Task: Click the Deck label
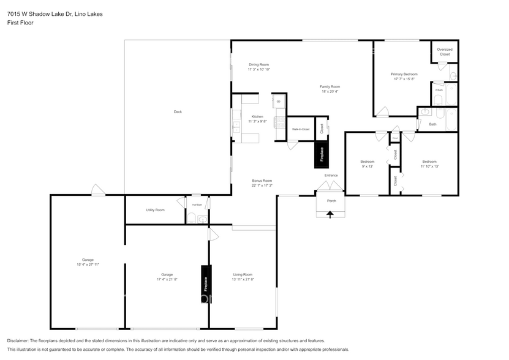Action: coord(178,111)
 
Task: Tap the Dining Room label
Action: coord(258,64)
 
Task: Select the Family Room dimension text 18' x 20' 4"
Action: coord(330,92)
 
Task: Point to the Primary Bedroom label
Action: coord(404,74)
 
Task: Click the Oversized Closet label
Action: coord(445,52)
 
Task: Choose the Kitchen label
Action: coord(258,116)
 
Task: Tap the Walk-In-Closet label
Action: coord(300,129)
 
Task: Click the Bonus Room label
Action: coord(262,181)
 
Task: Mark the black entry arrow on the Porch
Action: coord(331,214)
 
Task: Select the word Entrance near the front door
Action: coord(331,176)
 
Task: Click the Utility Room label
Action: coord(155,210)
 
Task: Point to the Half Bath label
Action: coord(197,204)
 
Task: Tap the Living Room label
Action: coord(243,274)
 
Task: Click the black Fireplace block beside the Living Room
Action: coord(206,283)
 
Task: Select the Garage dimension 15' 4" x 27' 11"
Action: coord(88,264)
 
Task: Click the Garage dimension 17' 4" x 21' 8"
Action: coord(167,279)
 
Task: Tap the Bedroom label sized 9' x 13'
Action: coord(367,166)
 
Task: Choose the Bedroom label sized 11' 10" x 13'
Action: coord(429,166)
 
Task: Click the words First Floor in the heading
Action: coord(20,23)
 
